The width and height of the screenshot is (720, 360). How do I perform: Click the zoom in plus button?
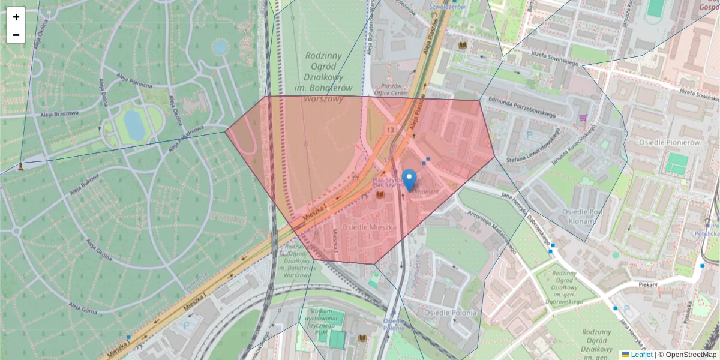(16, 17)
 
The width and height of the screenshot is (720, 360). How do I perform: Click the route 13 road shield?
(390, 129)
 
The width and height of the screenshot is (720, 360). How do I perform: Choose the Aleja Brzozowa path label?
(59, 113)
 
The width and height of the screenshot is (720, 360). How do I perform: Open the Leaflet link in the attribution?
(641, 355)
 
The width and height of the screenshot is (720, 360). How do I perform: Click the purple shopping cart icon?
(581, 119)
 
